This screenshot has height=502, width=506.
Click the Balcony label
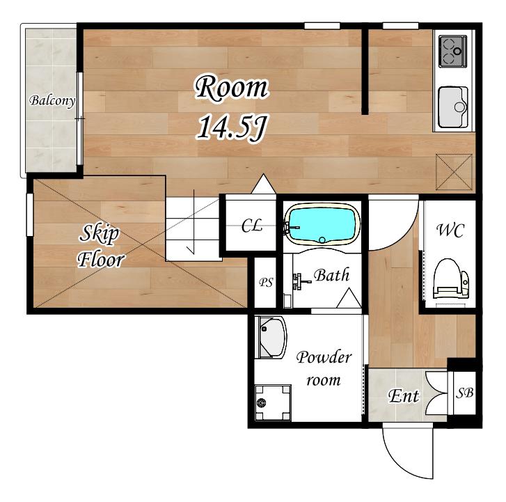[52, 101]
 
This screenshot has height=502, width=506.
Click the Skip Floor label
[101, 246]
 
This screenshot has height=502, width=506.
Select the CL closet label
[252, 226]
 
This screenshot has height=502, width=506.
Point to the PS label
[266, 283]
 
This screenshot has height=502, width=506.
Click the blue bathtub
[323, 224]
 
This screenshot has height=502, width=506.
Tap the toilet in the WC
[451, 279]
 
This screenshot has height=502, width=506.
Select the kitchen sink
[453, 107]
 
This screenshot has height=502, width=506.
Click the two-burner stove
[453, 52]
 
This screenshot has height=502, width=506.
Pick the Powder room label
[324, 368]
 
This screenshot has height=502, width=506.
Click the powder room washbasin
[271, 338]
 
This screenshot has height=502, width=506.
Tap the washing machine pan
[273, 402]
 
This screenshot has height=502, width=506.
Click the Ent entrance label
[404, 396]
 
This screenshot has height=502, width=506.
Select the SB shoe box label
[464, 393]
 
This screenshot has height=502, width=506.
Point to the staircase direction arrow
[193, 222]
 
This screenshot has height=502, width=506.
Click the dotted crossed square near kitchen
[454, 172]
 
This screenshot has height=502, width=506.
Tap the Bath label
[332, 276]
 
